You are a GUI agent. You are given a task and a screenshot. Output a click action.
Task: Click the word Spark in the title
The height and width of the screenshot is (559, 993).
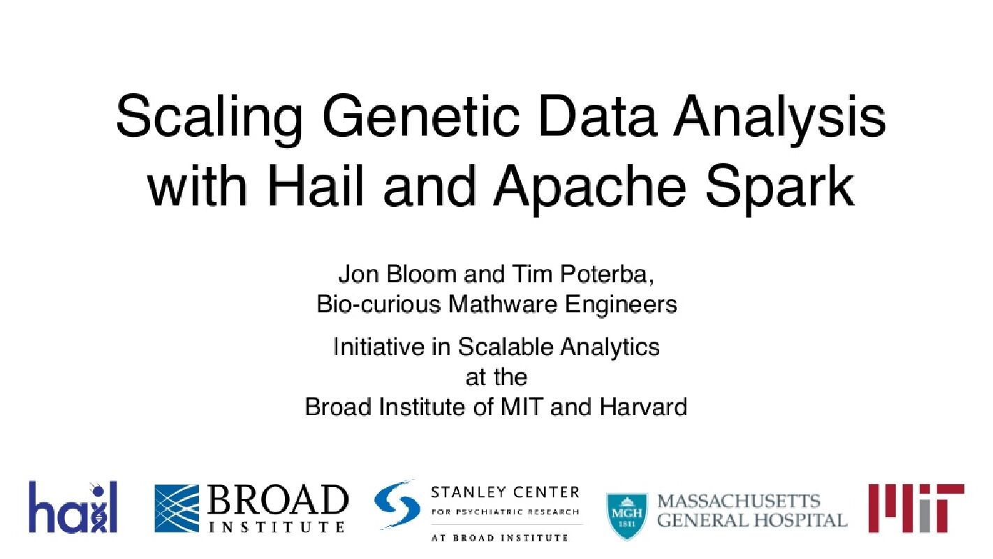click(774, 187)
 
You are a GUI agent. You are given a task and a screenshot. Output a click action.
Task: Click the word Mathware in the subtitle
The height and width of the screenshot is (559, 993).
click(521, 305)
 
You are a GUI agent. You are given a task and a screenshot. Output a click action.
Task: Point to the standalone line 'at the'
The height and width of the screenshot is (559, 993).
click(496, 377)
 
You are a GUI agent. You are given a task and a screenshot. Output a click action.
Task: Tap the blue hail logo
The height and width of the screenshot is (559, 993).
click(73, 507)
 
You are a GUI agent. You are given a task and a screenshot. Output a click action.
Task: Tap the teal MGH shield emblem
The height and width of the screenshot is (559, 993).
click(624, 516)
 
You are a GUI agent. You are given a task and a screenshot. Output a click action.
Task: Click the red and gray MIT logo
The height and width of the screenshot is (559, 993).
click(915, 508)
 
